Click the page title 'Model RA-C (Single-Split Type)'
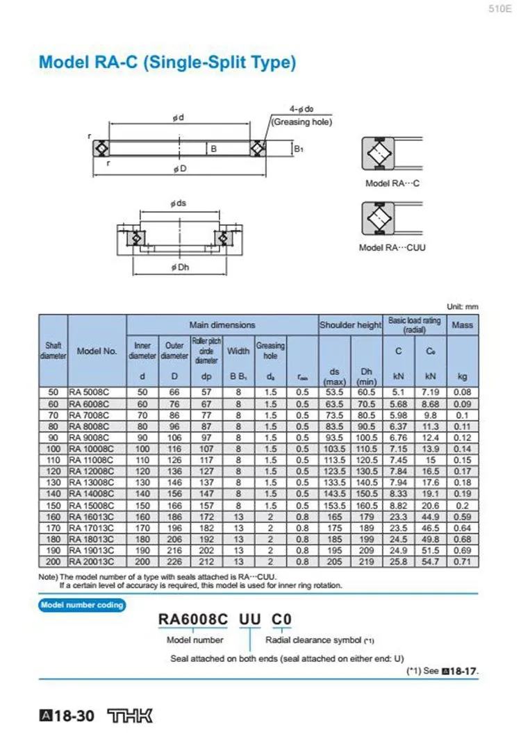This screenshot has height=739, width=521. point(167,63)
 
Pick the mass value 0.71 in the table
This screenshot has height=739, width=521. point(462,561)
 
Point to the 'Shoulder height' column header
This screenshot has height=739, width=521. point(350,325)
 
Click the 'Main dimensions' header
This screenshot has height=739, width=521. point(222,325)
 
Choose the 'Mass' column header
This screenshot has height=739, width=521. point(462,324)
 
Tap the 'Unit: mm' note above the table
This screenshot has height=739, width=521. point(463,307)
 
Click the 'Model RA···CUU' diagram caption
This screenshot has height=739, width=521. point(392,248)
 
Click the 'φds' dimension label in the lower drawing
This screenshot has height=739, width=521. point(178,203)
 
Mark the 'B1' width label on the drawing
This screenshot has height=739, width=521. point(298,149)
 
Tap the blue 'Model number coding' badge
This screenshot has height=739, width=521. point(81,605)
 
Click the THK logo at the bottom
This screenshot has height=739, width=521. point(130,716)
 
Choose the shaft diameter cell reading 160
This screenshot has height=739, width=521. point(53,516)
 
